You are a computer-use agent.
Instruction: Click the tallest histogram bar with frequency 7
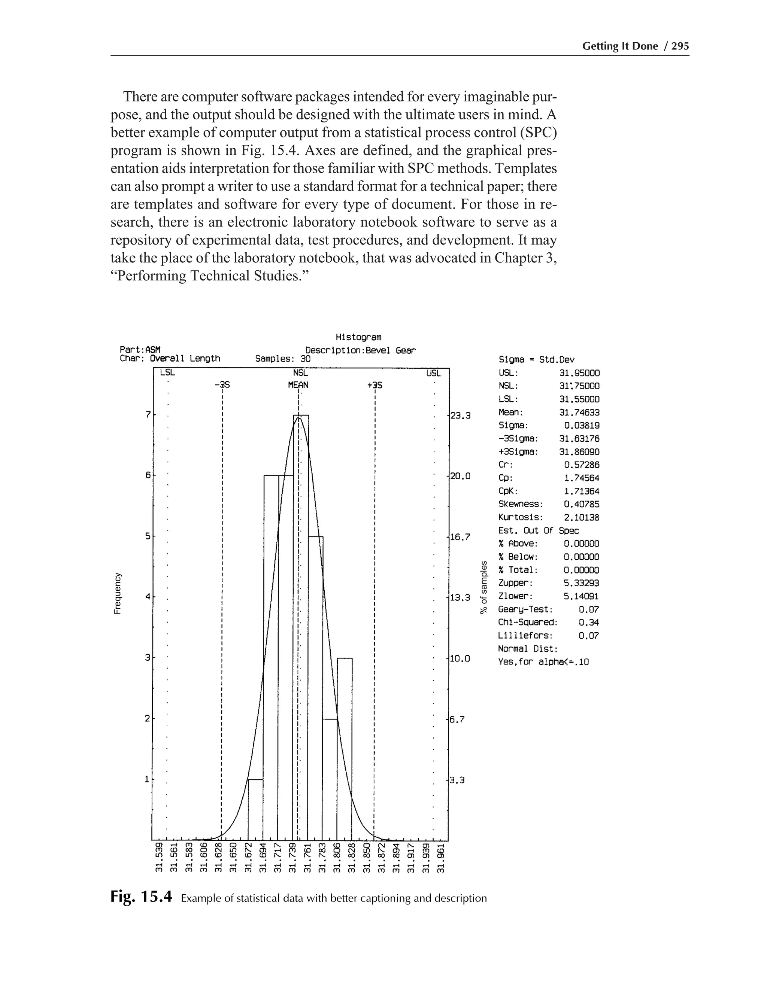tap(300, 627)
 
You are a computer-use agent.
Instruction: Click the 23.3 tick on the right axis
tap(460, 415)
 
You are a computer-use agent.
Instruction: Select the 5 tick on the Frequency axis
tap(147, 536)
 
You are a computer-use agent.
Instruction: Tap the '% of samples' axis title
tap(484, 587)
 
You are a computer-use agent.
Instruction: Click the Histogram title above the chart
tap(358, 337)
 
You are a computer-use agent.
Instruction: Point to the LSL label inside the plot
tap(167, 373)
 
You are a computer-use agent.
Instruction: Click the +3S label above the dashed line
tap(375, 385)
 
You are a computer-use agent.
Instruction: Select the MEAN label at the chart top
tap(298, 385)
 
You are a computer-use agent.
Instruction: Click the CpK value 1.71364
tap(581, 491)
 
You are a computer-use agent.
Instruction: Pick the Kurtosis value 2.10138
tap(581, 517)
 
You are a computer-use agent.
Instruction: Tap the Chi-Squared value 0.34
tap(588, 622)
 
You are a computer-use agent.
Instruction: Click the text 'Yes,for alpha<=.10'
tap(543, 662)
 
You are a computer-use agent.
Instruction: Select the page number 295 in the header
tap(680, 46)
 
